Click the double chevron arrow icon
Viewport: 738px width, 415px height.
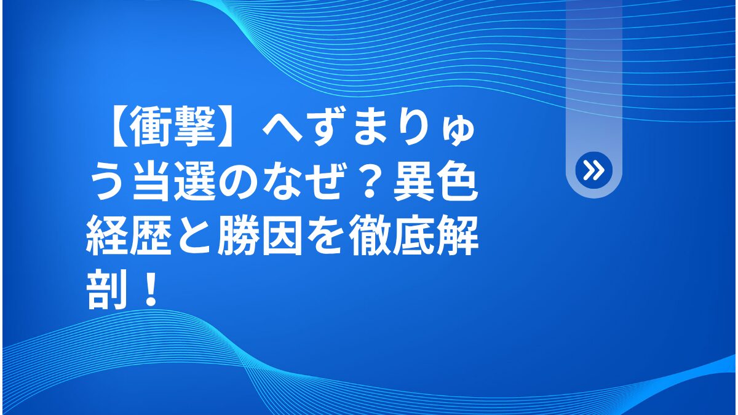pos(593,170)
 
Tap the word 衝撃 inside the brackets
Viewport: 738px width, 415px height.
pos(173,127)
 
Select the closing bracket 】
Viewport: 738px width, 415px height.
pos(229,127)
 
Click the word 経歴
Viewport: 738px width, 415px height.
pos(129,235)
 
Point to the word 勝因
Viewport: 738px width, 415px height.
pos(260,235)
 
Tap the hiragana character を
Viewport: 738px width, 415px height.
pos(325,235)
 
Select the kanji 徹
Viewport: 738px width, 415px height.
pos(370,235)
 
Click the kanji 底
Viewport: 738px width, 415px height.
pos(413,235)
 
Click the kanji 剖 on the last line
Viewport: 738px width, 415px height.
pos(107,289)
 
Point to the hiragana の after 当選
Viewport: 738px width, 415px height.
pos(238,182)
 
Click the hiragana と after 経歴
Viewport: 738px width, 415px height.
pos(195,235)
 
